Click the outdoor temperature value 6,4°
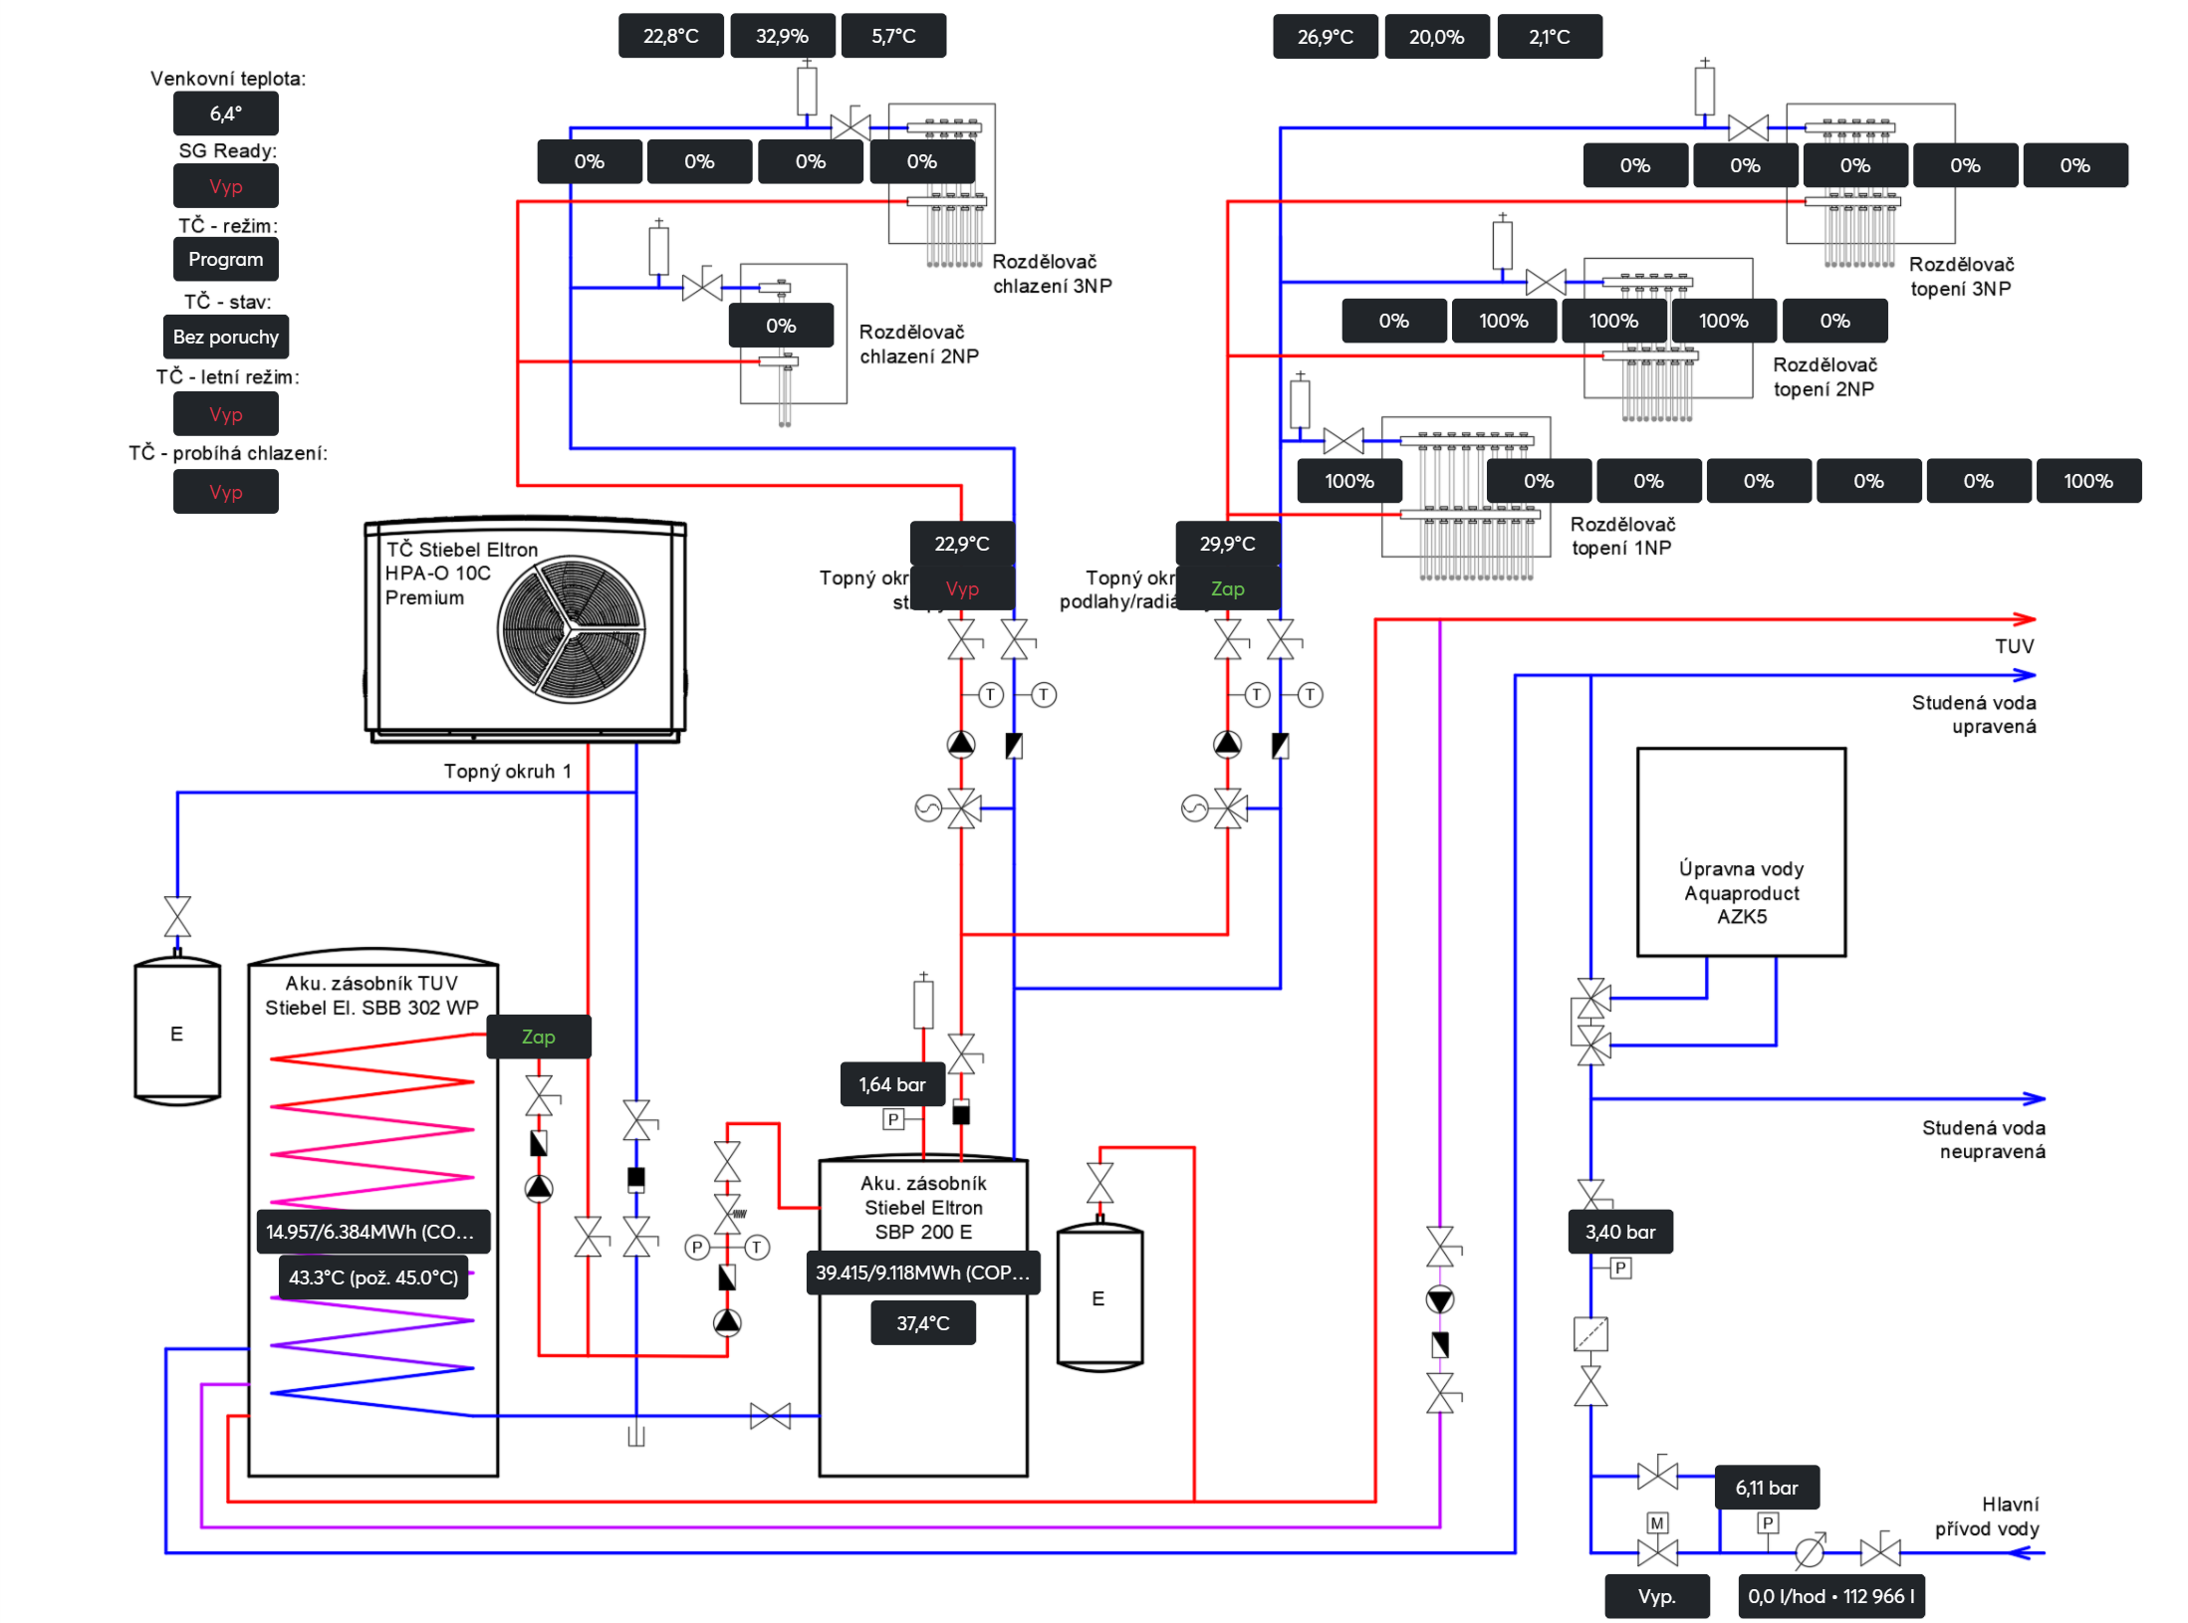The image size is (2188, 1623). pyautogui.click(x=225, y=114)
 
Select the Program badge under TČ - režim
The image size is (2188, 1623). pyautogui.click(x=225, y=259)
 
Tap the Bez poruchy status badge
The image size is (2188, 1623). pyautogui.click(x=225, y=337)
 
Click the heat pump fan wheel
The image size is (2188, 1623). pyautogui.click(x=571, y=629)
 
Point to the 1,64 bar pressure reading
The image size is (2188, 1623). pyautogui.click(x=891, y=1084)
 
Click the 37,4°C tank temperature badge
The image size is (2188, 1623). pyautogui.click(x=922, y=1323)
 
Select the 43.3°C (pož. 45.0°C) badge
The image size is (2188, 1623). pyautogui.click(x=372, y=1277)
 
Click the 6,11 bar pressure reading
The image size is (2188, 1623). pyautogui.click(x=1766, y=1488)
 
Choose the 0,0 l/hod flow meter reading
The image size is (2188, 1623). pyautogui.click(x=1829, y=1596)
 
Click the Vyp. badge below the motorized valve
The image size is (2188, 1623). pyautogui.click(x=1656, y=1596)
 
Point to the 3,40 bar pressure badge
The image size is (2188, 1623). pyautogui.click(x=1619, y=1232)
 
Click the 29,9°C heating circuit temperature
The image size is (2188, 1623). pyautogui.click(x=1227, y=544)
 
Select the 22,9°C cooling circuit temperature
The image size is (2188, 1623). pyautogui.click(x=961, y=544)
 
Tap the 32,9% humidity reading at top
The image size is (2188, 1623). pyautogui.click(x=782, y=36)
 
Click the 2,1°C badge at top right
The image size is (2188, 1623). pyautogui.click(x=1549, y=37)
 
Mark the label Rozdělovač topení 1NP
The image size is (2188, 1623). pyautogui.click(x=1621, y=536)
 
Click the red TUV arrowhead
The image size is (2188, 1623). pyautogui.click(x=2024, y=619)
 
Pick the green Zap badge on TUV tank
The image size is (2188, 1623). pyautogui.click(x=538, y=1037)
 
